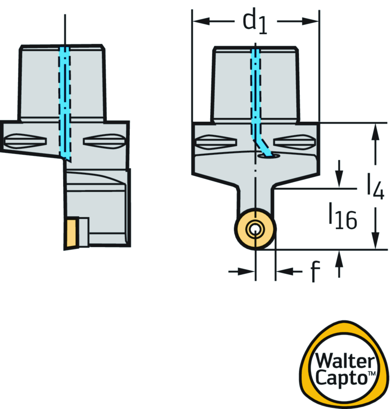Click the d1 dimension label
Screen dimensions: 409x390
255,22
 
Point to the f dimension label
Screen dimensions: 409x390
313,271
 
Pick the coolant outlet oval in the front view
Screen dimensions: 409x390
268,156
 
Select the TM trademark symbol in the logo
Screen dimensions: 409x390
371,375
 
